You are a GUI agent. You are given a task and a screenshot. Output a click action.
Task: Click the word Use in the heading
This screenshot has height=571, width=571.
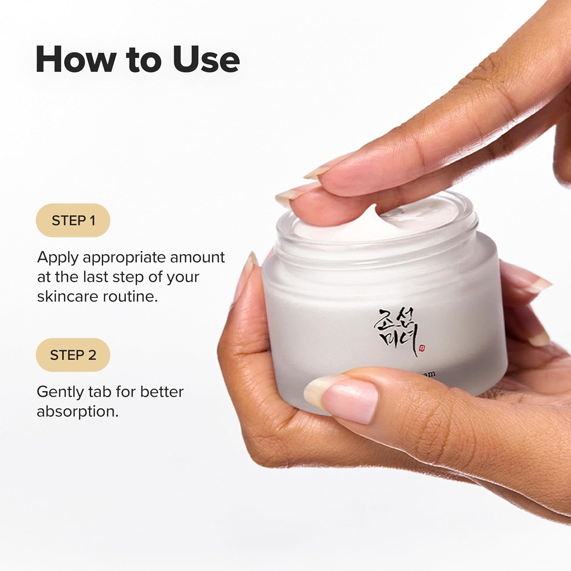(206, 59)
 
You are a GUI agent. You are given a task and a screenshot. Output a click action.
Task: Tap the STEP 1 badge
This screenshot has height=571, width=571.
(73, 220)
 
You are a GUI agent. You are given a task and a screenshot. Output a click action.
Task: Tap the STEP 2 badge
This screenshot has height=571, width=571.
(73, 355)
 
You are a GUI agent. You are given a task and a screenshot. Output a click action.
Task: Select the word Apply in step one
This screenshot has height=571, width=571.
(58, 258)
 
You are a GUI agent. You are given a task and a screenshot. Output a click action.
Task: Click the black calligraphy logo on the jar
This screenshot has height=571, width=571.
(396, 331)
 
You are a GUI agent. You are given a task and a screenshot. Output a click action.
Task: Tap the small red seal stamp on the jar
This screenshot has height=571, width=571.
(422, 348)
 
